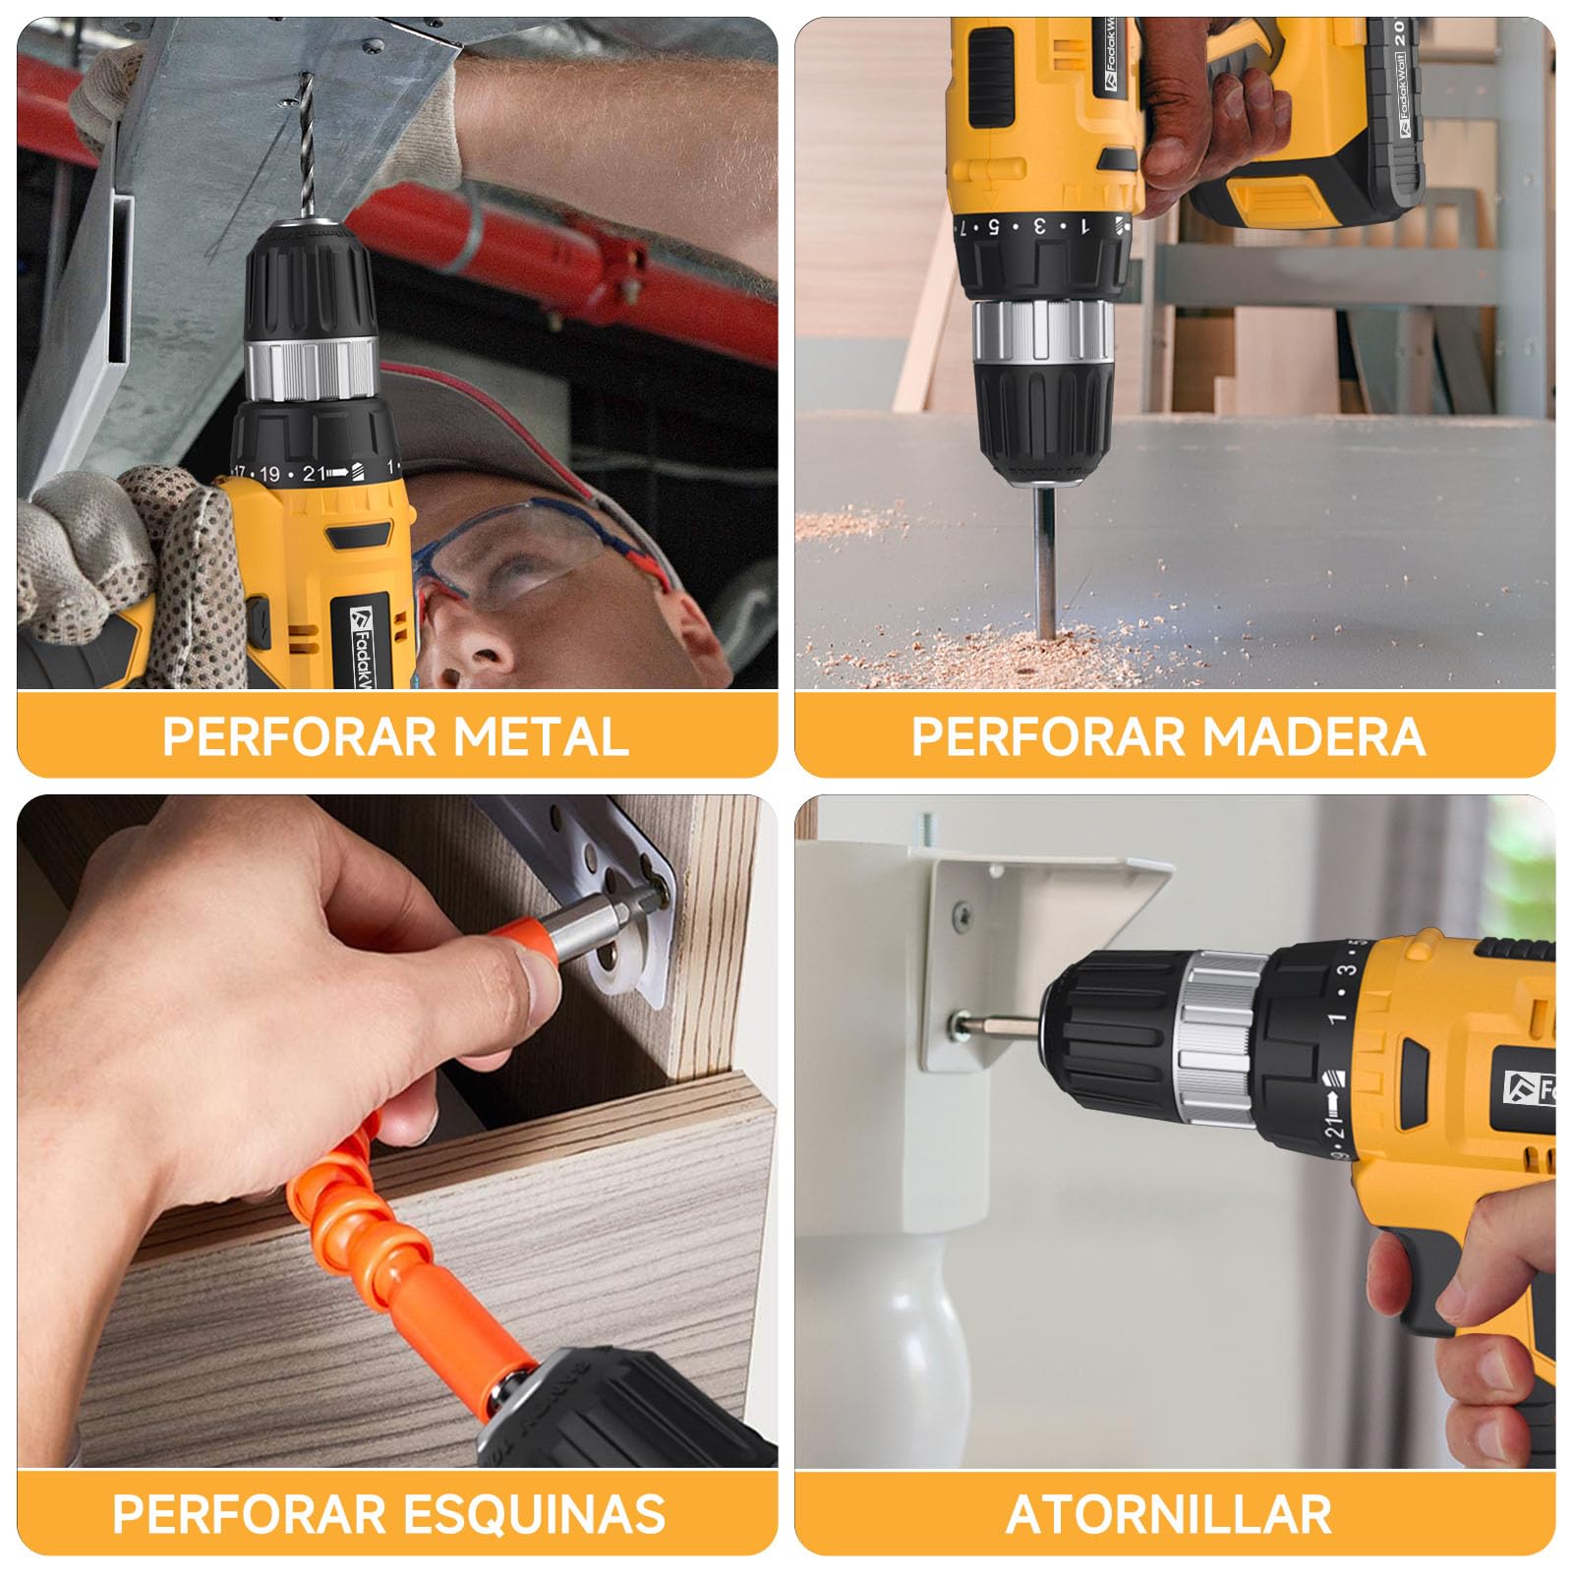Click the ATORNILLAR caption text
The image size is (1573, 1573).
click(1169, 1514)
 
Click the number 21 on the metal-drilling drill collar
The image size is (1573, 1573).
click(314, 474)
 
